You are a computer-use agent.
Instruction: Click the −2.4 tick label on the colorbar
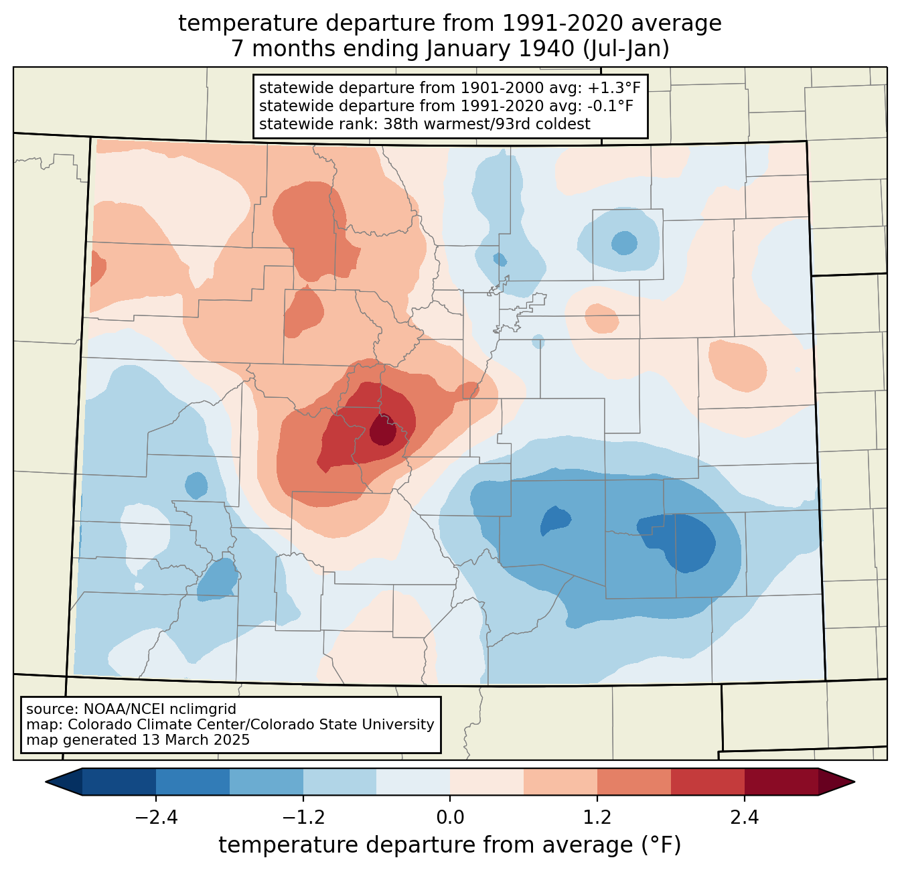[156, 818]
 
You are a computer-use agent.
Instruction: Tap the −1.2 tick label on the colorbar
[303, 818]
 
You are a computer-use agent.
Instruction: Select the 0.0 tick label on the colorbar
[450, 818]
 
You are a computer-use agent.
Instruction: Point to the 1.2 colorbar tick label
[597, 818]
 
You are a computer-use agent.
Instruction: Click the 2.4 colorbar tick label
[744, 818]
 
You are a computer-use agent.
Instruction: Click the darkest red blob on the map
[382, 430]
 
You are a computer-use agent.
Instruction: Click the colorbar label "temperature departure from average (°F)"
[450, 845]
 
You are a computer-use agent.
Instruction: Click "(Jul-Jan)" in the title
[627, 49]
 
